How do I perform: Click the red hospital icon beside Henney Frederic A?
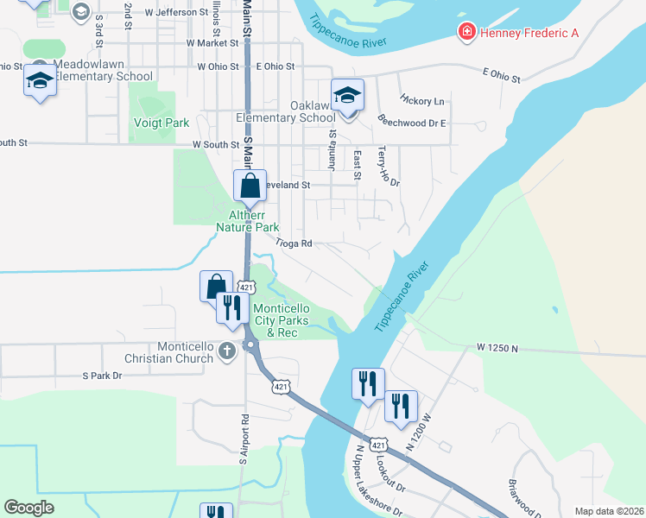click(x=467, y=32)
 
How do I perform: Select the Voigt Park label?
click(x=161, y=123)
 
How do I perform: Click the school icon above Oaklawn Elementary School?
click(x=347, y=95)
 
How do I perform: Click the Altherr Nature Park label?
click(x=248, y=221)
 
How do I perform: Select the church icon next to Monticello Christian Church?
click(x=226, y=351)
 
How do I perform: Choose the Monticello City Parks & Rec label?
click(x=286, y=320)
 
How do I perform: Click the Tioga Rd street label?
click(x=294, y=243)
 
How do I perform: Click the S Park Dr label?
click(x=103, y=376)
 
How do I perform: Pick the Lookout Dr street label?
click(x=391, y=473)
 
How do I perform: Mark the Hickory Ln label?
click(x=422, y=101)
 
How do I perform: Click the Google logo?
click(x=29, y=508)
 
